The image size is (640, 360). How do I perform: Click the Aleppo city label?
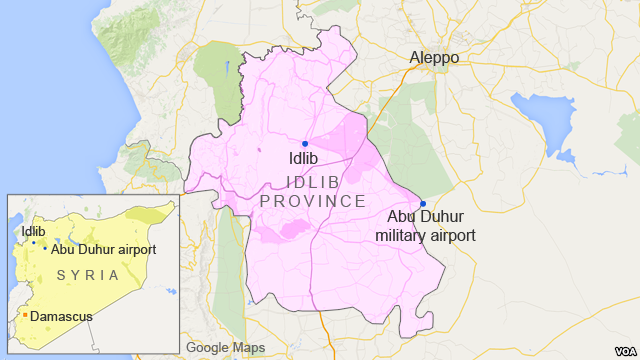tap(434, 58)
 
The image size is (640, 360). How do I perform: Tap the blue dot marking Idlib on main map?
tap(305, 144)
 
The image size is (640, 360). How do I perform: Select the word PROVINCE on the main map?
tap(312, 202)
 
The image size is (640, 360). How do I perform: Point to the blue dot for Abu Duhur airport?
tap(423, 204)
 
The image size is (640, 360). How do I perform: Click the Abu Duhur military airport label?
tap(425, 226)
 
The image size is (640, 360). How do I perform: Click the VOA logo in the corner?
tap(617, 346)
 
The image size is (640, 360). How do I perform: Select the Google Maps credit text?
tap(224, 348)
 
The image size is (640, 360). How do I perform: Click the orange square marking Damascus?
tap(25, 316)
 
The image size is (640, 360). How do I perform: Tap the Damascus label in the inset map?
tap(61, 316)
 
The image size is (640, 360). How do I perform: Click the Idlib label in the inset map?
tap(33, 231)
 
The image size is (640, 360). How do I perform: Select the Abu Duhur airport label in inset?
tap(103, 249)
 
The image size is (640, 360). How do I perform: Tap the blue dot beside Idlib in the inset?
tap(33, 243)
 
